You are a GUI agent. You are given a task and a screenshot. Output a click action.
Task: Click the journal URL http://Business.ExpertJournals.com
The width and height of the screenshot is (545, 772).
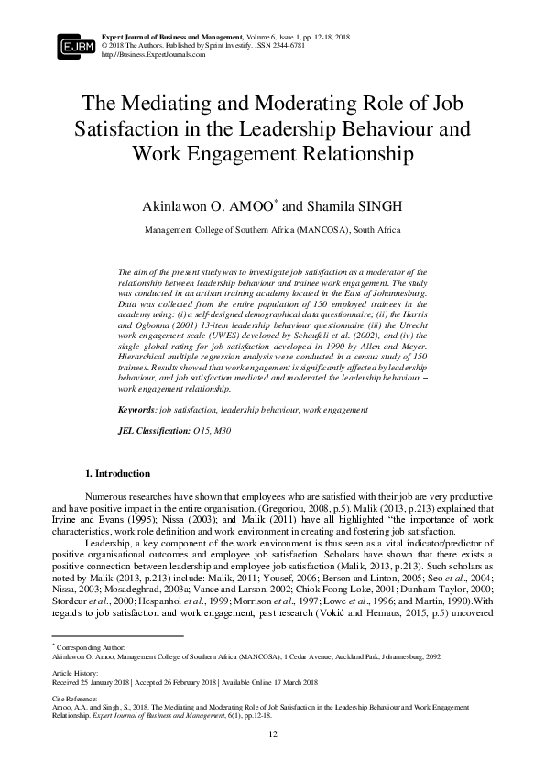[x=153, y=54]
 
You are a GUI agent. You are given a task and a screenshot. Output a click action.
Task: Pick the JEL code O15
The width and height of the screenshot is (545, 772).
[x=201, y=429]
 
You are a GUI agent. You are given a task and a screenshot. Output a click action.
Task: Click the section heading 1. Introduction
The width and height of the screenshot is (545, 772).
[x=117, y=474]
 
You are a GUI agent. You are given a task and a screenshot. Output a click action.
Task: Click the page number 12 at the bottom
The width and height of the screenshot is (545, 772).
[x=272, y=734]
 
